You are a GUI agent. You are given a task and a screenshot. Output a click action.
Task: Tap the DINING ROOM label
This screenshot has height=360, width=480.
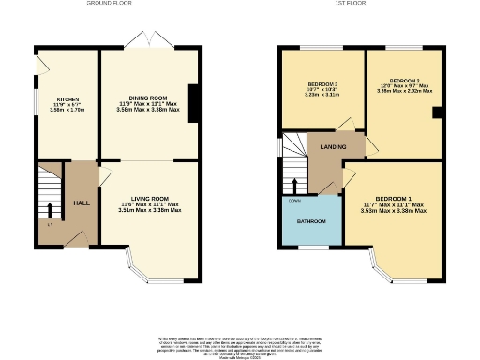coord(148,97)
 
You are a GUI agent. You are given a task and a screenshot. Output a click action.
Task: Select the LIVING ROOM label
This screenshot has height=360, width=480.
coord(150,198)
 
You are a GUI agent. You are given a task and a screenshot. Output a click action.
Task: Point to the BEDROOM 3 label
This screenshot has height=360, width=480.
coord(321,83)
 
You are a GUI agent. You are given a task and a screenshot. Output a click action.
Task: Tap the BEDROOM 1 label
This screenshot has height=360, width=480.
coord(393,199)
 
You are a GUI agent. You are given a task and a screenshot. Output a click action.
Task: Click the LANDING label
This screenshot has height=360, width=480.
coord(333,147)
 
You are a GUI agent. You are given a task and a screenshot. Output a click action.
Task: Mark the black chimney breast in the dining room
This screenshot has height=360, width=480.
coord(194,103)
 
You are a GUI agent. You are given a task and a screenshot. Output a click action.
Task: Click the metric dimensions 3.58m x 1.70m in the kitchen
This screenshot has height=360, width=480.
coord(67,109)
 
